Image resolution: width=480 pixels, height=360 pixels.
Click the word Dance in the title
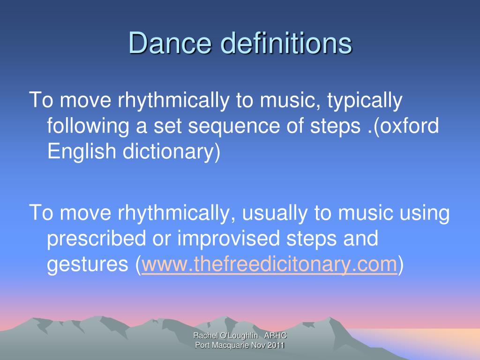(x=170, y=44)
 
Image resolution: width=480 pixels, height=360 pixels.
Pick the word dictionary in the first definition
(x=170, y=152)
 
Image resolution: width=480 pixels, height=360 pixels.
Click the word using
(x=425, y=213)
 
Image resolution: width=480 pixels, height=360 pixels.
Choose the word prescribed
(x=97, y=239)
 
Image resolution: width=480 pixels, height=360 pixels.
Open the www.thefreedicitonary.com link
(x=270, y=265)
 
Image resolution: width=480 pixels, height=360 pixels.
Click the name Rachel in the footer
(x=204, y=336)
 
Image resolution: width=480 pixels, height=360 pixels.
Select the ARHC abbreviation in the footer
(x=276, y=336)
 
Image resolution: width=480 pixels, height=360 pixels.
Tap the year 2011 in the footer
(x=276, y=345)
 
